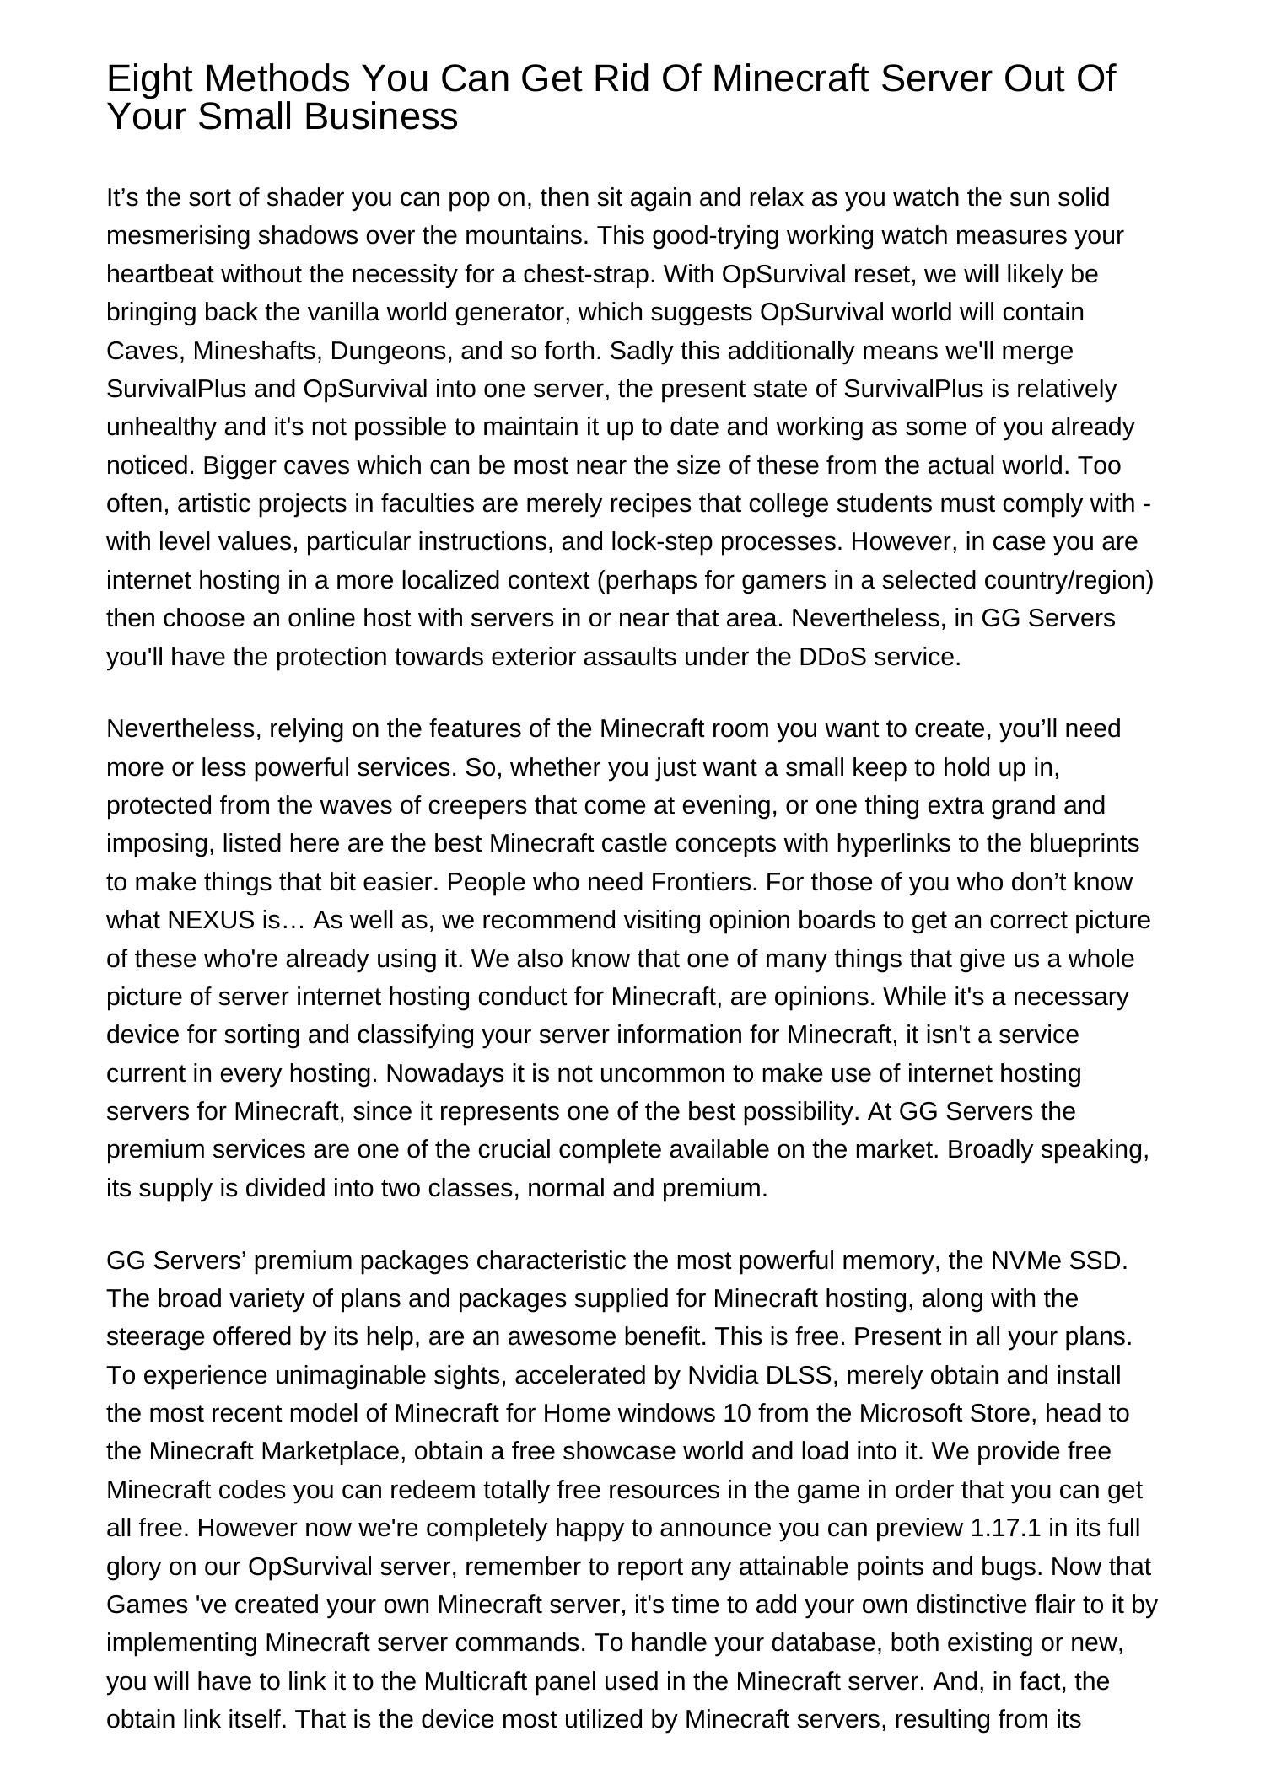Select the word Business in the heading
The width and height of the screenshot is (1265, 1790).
pyautogui.click(x=383, y=117)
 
